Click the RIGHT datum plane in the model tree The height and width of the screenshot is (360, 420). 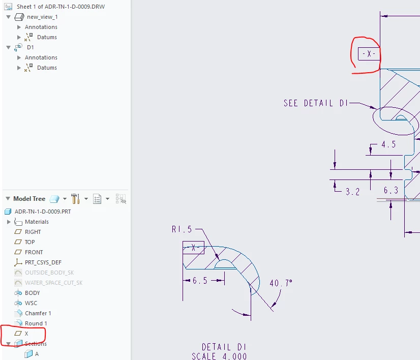coord(33,232)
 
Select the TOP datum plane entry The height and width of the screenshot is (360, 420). coord(29,242)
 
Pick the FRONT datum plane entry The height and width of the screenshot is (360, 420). coord(34,252)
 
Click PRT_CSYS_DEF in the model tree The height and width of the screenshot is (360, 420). coord(43,262)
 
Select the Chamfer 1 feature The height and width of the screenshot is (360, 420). coord(38,313)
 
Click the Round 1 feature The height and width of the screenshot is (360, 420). coord(36,323)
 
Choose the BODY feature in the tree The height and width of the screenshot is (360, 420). coord(32,293)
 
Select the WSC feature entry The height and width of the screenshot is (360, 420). coord(31,303)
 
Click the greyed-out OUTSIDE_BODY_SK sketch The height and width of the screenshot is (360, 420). coord(49,273)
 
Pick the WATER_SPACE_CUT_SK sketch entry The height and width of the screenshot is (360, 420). coord(53,283)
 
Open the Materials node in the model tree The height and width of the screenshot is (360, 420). coord(37,222)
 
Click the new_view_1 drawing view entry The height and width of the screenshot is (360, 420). coord(42,17)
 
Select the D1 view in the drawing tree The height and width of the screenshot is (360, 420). coord(31,47)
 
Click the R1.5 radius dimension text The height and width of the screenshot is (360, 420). coord(182,229)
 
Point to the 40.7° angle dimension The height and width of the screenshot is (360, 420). coord(281,283)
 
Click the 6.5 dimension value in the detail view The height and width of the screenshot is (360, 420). coord(200,281)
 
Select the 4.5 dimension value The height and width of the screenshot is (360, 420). coord(388,144)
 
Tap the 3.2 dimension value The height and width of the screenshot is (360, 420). coord(352,192)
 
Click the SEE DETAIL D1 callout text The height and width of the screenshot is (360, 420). coord(316,103)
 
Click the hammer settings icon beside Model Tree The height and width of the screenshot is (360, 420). coord(75,199)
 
